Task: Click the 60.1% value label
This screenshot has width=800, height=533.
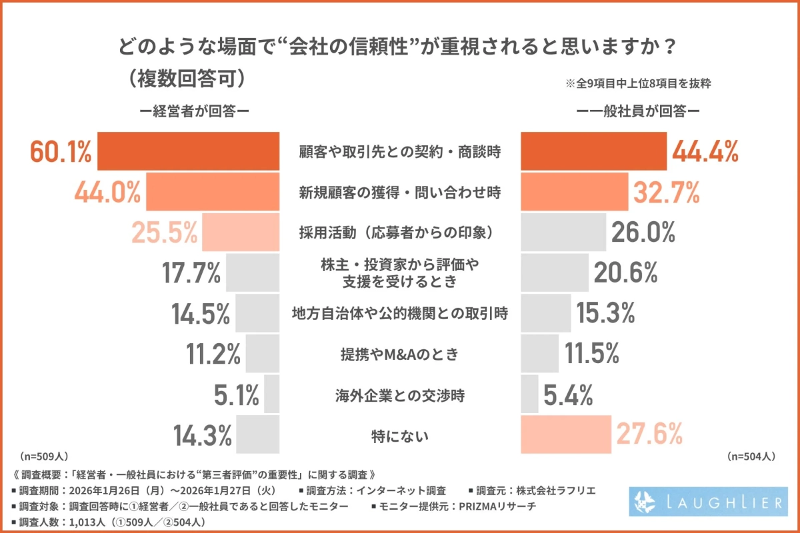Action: click(61, 152)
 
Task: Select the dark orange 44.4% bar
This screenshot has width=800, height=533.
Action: click(593, 151)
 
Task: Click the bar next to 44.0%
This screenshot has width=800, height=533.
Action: click(212, 193)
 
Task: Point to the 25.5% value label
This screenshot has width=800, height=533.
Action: click(164, 233)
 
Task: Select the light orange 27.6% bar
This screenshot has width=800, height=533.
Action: click(565, 434)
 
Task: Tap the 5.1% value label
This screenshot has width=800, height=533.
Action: click(237, 396)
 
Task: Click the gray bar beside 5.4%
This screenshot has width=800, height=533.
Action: click(529, 394)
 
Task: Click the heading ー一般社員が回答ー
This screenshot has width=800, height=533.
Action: click(638, 111)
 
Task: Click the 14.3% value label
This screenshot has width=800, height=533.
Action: click(203, 436)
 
